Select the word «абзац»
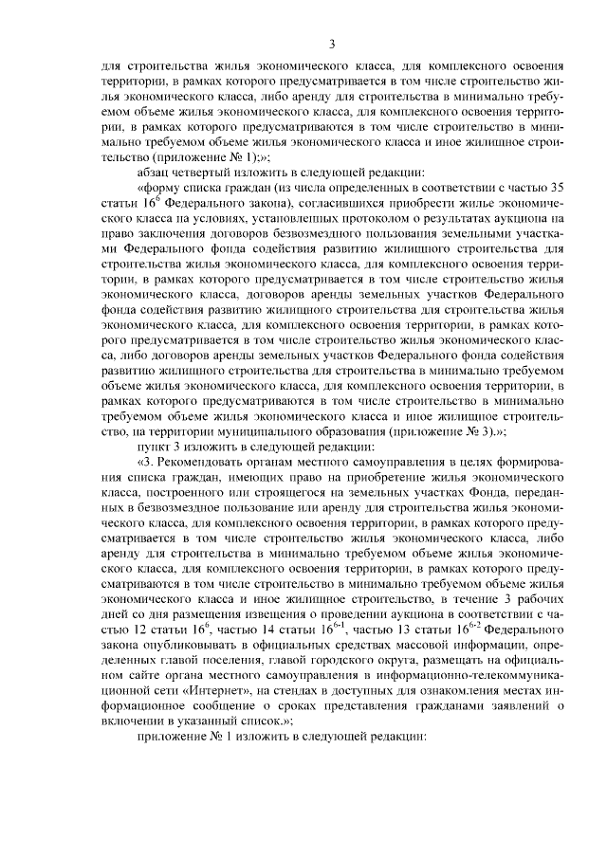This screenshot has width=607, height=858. (155, 172)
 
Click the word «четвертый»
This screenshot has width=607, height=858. (211, 172)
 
